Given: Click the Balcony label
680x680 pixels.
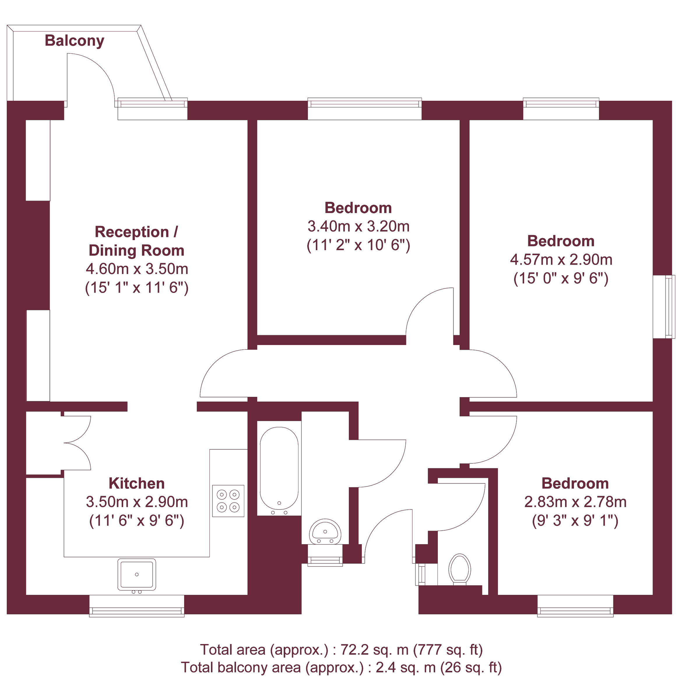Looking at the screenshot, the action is coord(74,41).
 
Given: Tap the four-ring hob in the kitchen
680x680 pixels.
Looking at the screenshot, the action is coord(228,501).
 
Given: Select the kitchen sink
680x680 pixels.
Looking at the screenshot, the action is coord(137,574).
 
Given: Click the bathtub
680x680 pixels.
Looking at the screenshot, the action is coord(279,468).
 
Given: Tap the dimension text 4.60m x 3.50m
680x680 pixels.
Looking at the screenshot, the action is coord(137,269).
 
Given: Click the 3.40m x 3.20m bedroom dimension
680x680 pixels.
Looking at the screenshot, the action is coord(358,226).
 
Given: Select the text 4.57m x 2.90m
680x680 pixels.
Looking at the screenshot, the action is coord(561,259).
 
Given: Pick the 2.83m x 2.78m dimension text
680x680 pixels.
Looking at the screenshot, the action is coord(575,502).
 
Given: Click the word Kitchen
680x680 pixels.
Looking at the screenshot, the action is coord(137,483).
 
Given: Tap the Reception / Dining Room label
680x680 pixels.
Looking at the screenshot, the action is coord(137,241).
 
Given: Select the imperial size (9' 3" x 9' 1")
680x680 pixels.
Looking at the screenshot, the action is coord(575,521).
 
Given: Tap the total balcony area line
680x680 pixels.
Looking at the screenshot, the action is coord(341,667).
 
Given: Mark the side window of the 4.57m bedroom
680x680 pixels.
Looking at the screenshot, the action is coord(664,307).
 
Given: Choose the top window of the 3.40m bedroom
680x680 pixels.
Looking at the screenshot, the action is coord(365,108).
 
